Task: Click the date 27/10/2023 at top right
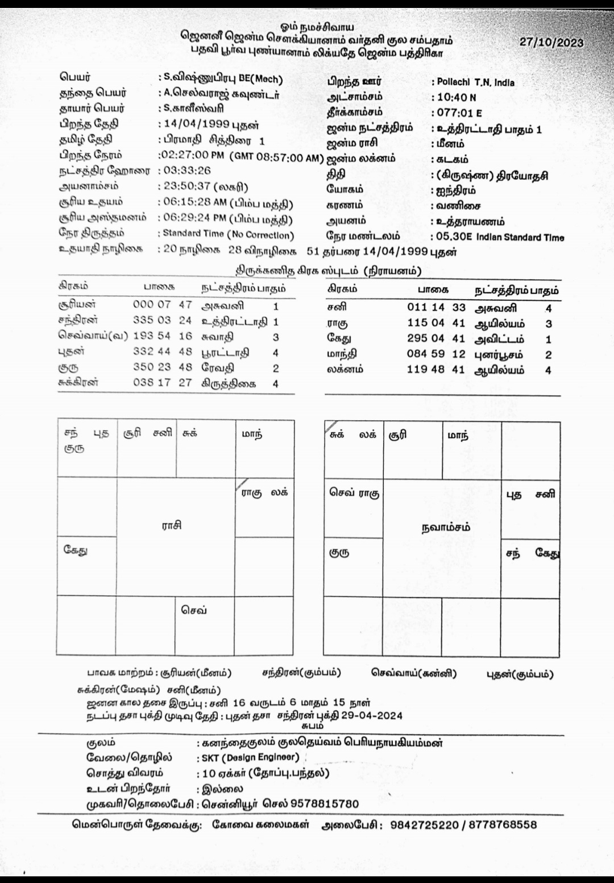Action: tap(551, 42)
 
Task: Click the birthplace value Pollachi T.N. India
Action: tap(475, 82)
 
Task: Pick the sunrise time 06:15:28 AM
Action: tap(195, 203)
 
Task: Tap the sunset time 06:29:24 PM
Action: tap(195, 218)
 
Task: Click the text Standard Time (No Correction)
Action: tap(228, 234)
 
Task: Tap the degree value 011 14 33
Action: tap(436, 307)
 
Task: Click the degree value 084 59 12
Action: tap(436, 354)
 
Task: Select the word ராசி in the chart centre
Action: tap(171, 525)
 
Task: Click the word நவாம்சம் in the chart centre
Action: tap(445, 527)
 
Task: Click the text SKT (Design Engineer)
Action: tap(250, 757)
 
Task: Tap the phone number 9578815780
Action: tap(325, 803)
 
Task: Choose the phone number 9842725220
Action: tap(424, 824)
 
